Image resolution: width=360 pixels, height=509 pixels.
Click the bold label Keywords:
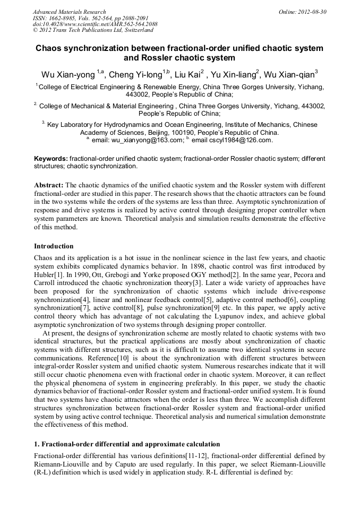coord(51,159)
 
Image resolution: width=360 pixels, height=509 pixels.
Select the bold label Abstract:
coord(48,185)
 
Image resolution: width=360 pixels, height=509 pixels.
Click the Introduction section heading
coord(54,246)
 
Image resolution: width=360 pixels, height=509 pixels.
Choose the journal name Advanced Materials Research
coord(69,12)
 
